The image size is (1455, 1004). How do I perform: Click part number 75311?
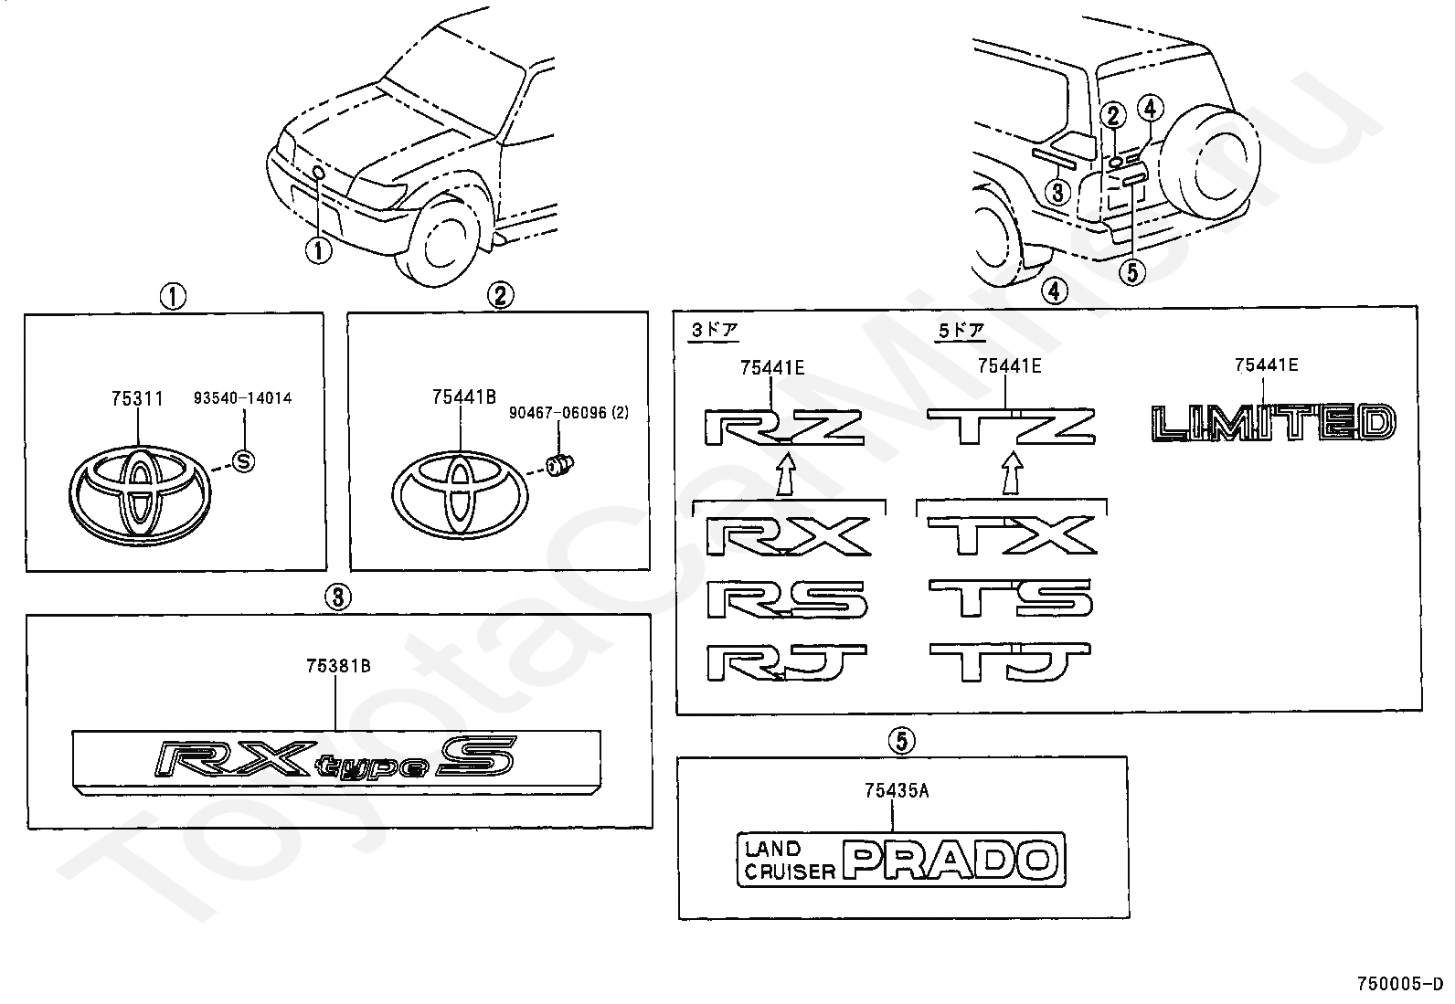[137, 398]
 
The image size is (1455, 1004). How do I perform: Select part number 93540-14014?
[243, 398]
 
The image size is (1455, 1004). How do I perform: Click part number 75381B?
[338, 666]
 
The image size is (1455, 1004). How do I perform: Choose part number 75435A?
[897, 791]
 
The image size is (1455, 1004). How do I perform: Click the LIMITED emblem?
[1271, 423]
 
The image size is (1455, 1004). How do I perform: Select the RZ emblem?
[784, 428]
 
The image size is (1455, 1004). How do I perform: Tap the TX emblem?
[1011, 535]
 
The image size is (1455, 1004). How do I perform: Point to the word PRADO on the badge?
[950, 860]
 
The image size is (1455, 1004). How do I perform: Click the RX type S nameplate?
[336, 758]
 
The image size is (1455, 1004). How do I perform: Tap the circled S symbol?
[243, 461]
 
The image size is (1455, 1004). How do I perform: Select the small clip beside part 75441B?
[558, 466]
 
